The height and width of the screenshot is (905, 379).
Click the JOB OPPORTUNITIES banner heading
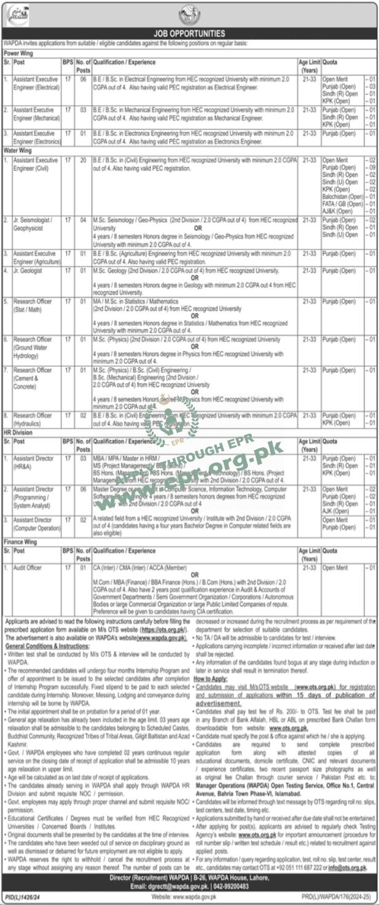(189, 33)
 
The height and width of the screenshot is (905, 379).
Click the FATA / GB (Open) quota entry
(344, 203)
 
